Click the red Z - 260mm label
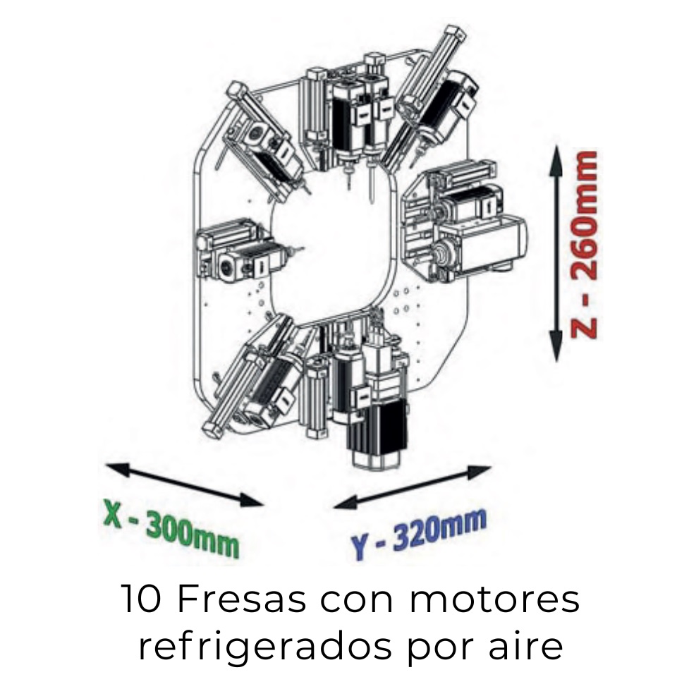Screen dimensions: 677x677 pos(584,245)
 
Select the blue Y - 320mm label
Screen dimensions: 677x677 pos(418,534)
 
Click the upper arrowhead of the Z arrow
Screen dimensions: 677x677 pos(556,160)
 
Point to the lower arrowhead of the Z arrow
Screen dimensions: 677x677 pos(556,346)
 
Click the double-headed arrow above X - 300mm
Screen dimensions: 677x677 pos(184,484)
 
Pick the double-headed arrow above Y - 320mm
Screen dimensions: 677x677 pos(413,487)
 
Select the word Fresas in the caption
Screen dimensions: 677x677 pos(241,599)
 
